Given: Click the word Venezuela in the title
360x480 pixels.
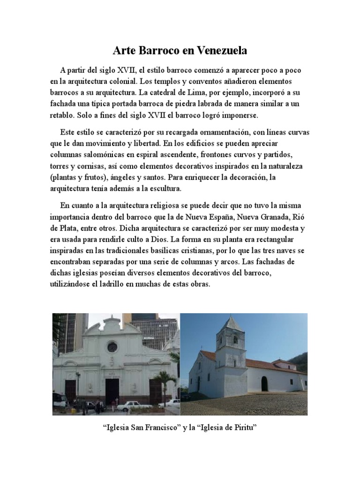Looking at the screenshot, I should coord(220,50).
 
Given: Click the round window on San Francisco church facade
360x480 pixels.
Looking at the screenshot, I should coord(112,347).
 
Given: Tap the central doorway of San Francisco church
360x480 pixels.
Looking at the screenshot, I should coord(112,391).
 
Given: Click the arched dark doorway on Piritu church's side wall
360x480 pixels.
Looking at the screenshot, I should coord(264,383).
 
